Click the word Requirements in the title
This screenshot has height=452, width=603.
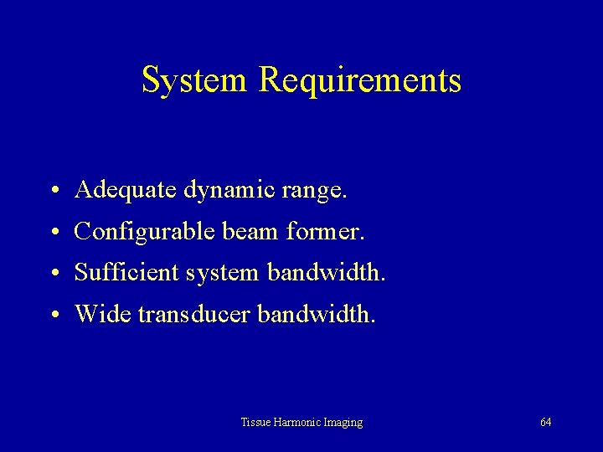point(361,81)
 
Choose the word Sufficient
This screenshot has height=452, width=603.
point(126,272)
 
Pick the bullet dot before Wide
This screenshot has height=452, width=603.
point(53,315)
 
